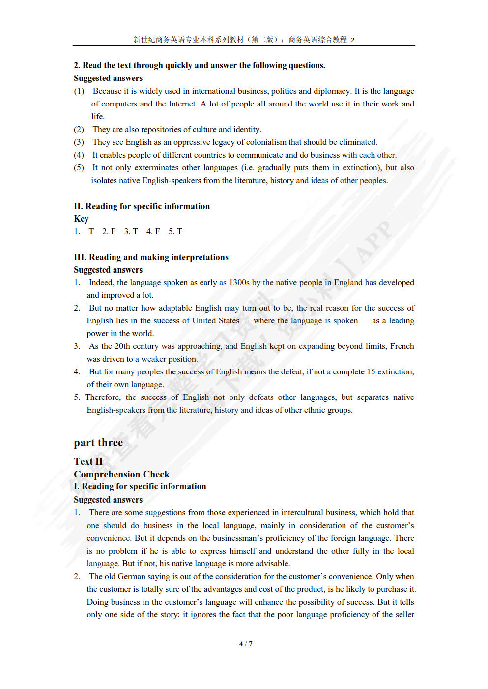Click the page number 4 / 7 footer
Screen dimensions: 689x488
coord(246,644)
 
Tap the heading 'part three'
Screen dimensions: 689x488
coord(98,443)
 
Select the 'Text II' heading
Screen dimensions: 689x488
coord(88,461)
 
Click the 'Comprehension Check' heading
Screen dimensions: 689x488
coord(121,474)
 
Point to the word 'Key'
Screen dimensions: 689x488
coord(81,219)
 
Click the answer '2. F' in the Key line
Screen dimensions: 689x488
coord(109,231)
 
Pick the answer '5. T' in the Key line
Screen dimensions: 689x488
coord(175,231)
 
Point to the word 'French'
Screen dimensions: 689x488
coord(402,346)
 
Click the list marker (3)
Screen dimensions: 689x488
coord(79,142)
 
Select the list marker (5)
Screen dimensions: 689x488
coord(79,167)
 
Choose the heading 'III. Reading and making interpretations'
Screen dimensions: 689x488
coord(151,257)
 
